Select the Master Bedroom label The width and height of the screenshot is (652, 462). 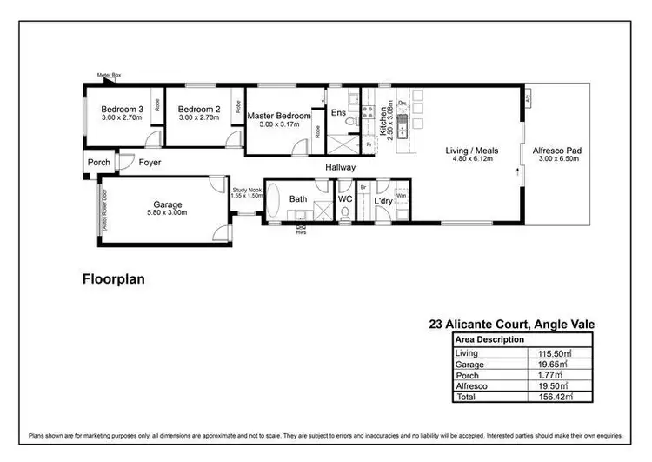pos(278,116)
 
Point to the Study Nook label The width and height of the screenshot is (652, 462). pos(248,189)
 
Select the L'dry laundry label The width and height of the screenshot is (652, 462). pos(383,201)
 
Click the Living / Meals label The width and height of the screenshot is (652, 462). pos(472,151)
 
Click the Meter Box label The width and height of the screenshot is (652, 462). pos(109,77)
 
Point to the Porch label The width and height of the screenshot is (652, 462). pos(98,163)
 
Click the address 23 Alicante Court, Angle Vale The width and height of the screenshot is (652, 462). pos(511,325)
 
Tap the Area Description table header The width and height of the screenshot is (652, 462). pos(489,339)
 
